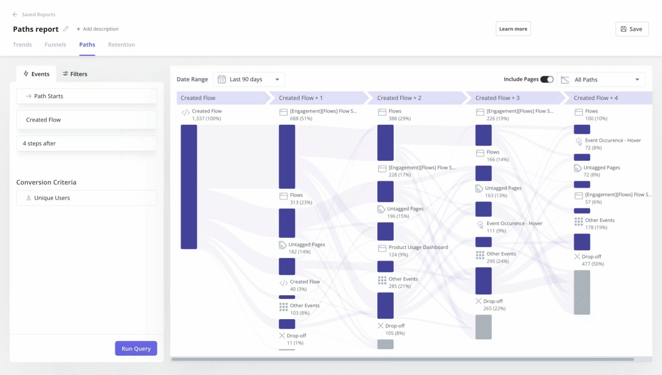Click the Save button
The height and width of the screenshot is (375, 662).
coord(632,29)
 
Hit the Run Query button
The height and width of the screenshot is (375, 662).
coord(136,348)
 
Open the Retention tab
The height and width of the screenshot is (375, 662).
coord(121,45)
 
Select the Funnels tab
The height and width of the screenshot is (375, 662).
coord(55,45)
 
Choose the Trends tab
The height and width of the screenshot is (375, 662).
coord(23,45)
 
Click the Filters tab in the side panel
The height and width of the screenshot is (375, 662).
coord(75,74)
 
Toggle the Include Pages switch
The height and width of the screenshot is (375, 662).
coord(547,79)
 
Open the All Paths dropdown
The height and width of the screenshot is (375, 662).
coord(601,80)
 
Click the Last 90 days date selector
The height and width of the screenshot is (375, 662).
coord(249,79)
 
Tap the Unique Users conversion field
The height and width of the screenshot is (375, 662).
coord(87,198)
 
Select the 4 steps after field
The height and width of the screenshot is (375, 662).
coord(87,143)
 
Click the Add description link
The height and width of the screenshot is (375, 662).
coord(97,29)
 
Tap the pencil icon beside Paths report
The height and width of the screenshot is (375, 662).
coord(66,29)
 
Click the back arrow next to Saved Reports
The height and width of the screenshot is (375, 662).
coord(15,14)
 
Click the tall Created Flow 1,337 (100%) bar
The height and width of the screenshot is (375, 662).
coord(189,187)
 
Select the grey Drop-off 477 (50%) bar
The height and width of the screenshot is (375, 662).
coord(582,292)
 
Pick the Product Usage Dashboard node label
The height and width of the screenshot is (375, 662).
coord(418,247)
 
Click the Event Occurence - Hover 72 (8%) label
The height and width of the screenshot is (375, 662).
coord(612,141)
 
